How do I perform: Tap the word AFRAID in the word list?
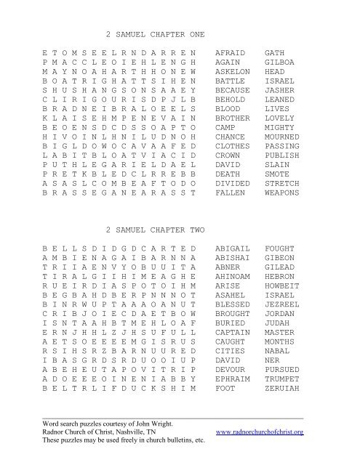point(231,53)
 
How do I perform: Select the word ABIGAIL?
point(233,248)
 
